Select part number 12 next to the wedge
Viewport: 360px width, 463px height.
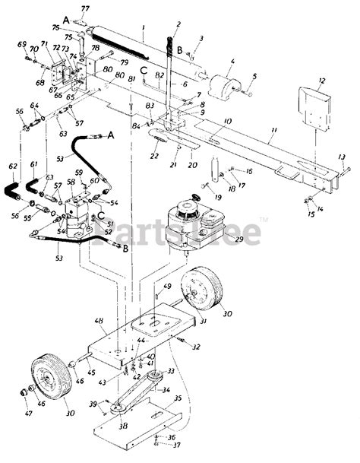tap(322, 80)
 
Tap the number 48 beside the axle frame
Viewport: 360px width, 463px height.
tap(99, 322)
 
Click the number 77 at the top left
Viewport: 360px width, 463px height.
tap(84, 8)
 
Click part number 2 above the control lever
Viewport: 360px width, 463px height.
tap(178, 24)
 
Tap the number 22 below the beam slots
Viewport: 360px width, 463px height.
tap(155, 157)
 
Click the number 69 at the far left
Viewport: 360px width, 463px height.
tap(21, 45)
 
